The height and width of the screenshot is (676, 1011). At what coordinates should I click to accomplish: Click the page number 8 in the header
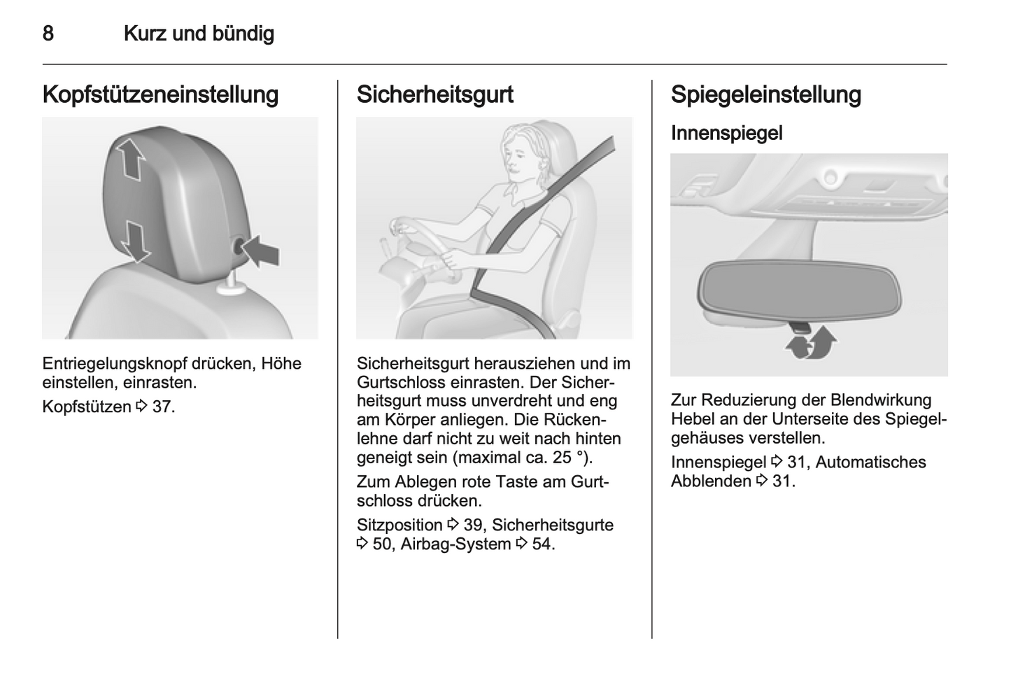pos(48,34)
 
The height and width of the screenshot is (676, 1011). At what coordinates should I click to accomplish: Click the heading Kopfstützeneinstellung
pos(160,94)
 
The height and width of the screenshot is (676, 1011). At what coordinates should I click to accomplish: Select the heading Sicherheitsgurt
pos(434,94)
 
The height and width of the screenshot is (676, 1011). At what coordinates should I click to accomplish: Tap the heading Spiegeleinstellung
pos(765,94)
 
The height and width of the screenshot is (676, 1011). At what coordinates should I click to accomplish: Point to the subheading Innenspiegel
pos(726,133)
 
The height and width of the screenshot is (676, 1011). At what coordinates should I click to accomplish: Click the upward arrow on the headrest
pos(131,158)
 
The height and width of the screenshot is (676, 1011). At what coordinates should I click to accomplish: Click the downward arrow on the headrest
pos(135,240)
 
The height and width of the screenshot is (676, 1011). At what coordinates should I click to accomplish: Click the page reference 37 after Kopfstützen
pos(162,407)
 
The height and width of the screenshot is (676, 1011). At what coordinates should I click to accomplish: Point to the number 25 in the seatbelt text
pos(561,458)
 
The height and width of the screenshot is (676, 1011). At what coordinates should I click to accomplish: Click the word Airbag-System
pos(455,544)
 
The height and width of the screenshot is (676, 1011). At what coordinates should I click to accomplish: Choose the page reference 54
pos(541,544)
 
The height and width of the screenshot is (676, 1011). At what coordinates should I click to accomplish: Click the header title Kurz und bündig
pos(199,34)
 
